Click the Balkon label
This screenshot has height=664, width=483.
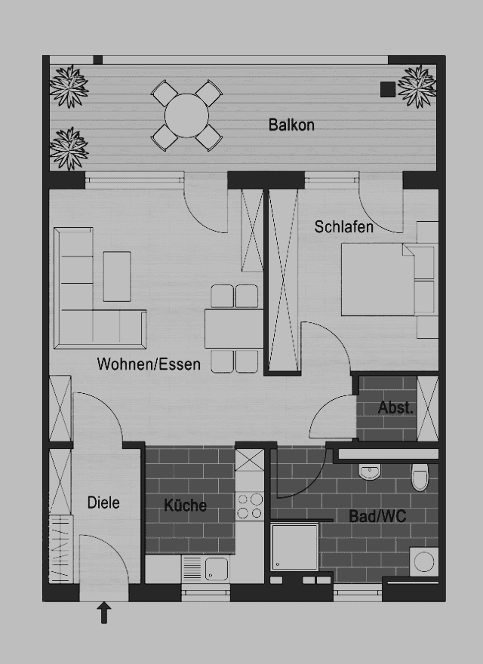291,125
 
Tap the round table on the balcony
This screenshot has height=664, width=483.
186,115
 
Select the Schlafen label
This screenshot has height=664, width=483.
344,226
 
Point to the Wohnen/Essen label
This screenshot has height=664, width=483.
149,364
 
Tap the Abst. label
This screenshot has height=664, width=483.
395,408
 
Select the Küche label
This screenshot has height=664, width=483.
186,506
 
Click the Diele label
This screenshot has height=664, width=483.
103,503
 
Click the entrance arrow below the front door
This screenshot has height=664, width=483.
104,613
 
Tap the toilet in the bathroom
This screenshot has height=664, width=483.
420,476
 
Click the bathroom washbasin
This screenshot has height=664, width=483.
370,472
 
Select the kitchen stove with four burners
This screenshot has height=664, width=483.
251,506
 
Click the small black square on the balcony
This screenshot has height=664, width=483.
387,89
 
